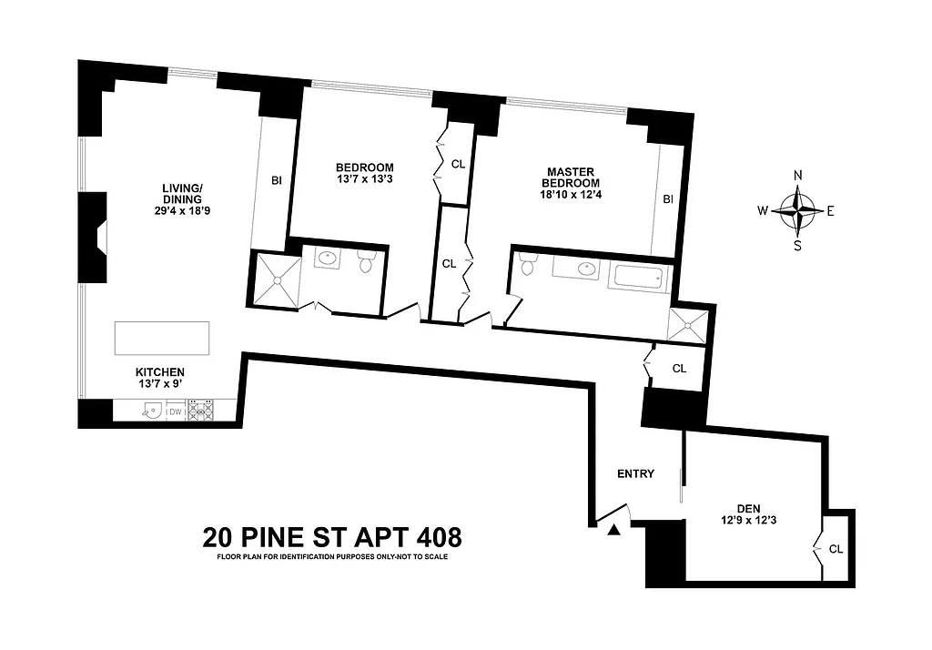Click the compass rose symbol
(x=798, y=210)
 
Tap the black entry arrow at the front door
(x=615, y=529)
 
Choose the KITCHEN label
(x=160, y=372)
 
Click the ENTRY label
(x=635, y=473)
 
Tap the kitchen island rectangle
(x=161, y=339)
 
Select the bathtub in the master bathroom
(x=637, y=277)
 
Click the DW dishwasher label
(x=176, y=411)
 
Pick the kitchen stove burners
(x=200, y=411)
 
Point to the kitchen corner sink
(x=151, y=411)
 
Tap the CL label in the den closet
(x=837, y=549)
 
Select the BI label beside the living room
(x=275, y=180)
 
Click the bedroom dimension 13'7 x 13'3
(x=364, y=179)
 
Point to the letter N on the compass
(x=798, y=176)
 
